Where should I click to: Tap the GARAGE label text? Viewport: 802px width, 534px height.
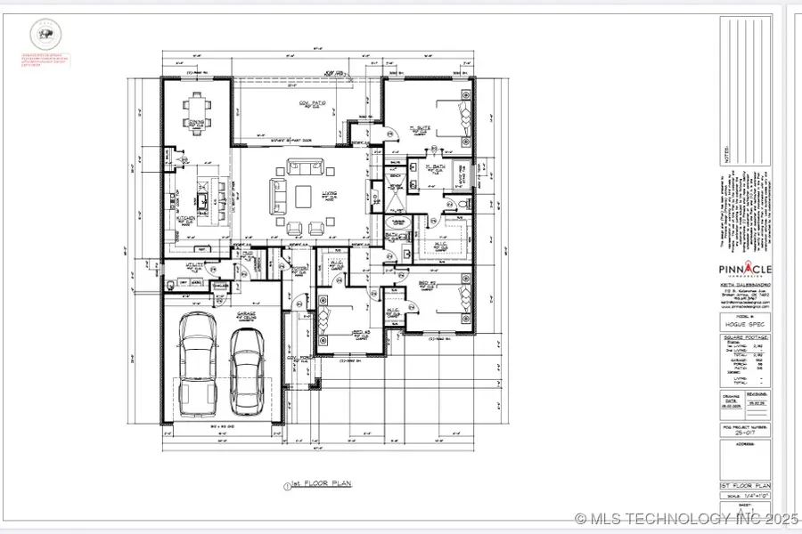247,313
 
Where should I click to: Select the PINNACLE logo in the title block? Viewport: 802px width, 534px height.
745,270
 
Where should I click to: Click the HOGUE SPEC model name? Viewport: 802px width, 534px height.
745,326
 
